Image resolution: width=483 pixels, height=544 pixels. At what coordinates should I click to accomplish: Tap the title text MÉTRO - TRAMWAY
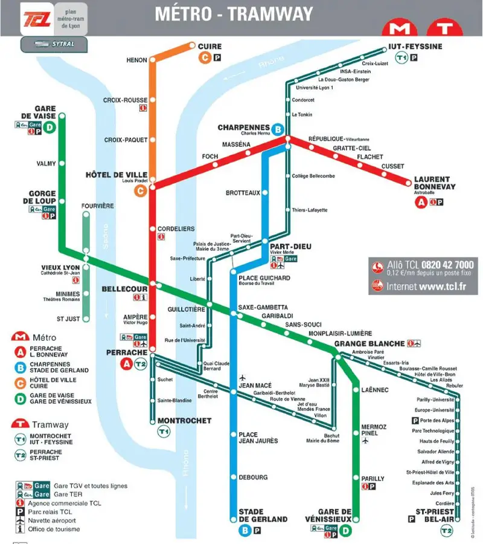click(x=234, y=14)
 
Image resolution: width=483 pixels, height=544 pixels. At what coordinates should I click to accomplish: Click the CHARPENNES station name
click(x=243, y=128)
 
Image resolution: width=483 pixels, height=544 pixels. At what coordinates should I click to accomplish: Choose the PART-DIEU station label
click(x=290, y=247)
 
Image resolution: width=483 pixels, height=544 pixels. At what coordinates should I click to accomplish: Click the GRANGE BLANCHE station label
click(x=369, y=343)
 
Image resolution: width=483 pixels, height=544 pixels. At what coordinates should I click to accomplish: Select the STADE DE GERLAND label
click(x=263, y=515)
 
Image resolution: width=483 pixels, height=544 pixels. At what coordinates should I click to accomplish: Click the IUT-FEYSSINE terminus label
click(x=415, y=47)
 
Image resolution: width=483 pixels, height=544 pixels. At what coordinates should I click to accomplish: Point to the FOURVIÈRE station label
click(x=97, y=206)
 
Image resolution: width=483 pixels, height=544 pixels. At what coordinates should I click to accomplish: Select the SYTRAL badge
click(x=54, y=44)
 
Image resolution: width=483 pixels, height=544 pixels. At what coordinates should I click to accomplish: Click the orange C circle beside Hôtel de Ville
click(x=140, y=191)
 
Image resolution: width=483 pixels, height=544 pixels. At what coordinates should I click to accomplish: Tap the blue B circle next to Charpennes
click(x=278, y=129)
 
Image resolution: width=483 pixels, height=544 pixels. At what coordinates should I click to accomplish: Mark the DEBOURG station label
click(x=253, y=478)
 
